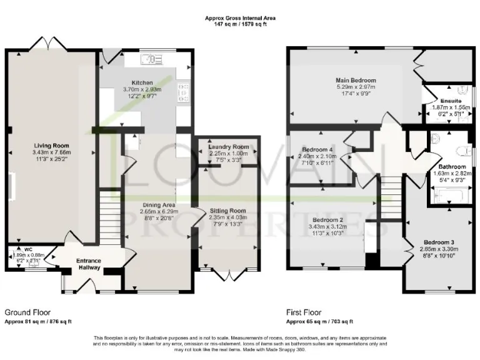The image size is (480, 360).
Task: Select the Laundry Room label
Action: pyautogui.click(x=229, y=147)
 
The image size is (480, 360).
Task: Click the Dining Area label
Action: pyautogui.click(x=157, y=205)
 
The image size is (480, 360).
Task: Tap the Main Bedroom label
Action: pyautogui.click(x=356, y=81)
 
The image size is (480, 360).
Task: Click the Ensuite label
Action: pyautogui.click(x=450, y=100)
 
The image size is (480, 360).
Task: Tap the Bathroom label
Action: pyautogui.click(x=451, y=167)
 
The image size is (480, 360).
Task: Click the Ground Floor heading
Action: pyautogui.click(x=27, y=312)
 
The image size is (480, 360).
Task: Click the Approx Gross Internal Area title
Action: pyautogui.click(x=240, y=19)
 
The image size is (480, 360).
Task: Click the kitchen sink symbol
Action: pyautogui.click(x=151, y=59)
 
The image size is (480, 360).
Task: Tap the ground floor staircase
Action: pyautogui.click(x=109, y=212)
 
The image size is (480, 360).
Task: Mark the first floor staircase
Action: pyautogui.click(x=391, y=194)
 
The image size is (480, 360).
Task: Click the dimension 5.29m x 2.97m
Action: pyautogui.click(x=356, y=87)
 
